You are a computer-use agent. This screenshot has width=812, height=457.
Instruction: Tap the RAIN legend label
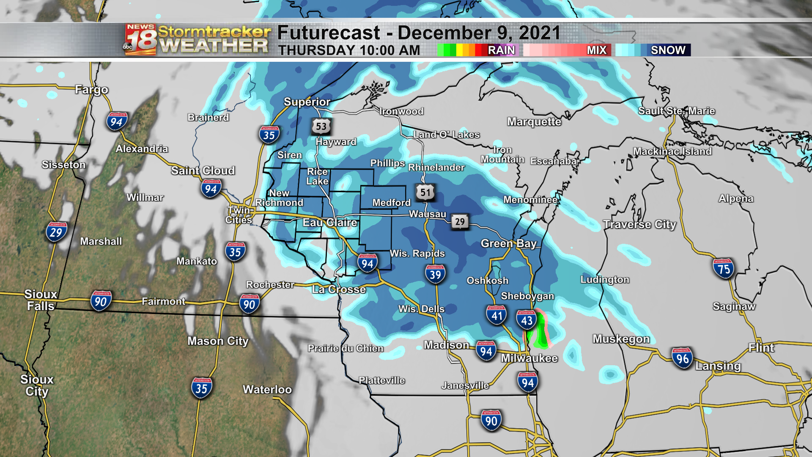coord(501,50)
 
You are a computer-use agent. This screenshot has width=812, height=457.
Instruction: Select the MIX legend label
coord(596,50)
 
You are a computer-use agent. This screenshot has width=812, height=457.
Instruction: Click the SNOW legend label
coord(668,50)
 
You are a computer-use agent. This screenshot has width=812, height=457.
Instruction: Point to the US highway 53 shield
coord(321,126)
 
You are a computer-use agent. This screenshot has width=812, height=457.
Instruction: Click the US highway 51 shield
coord(425,193)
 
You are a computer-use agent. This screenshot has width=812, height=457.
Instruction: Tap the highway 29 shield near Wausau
coord(460,222)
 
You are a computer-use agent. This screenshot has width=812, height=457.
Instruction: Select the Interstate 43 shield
coord(527,320)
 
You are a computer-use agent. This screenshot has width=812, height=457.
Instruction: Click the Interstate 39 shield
coord(435,274)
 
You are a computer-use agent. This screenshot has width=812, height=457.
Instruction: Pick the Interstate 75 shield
coord(724,269)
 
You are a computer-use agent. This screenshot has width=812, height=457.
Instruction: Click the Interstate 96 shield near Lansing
coord(682,358)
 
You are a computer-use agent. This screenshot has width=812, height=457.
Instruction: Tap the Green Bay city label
coord(508,244)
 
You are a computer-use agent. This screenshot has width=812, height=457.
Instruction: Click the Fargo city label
coord(91,90)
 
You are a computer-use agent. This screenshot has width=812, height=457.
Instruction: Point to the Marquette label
coord(534,122)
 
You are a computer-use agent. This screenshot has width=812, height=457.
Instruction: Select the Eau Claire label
coord(329,223)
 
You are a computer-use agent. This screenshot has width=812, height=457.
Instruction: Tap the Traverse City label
coord(639,224)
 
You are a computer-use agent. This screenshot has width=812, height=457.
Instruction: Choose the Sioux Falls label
coord(41,300)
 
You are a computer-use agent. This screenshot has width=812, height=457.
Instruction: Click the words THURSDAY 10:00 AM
coord(349,50)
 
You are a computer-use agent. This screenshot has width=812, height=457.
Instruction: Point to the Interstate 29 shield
coord(56,232)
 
